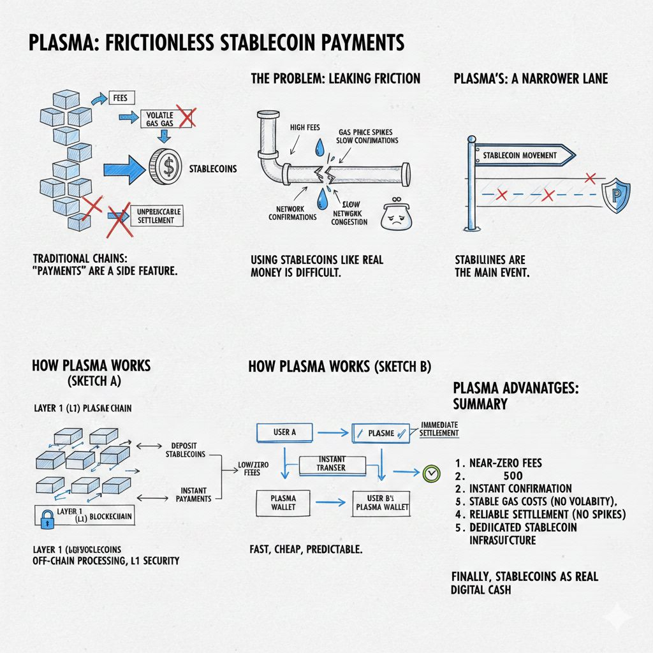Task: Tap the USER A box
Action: click(284, 432)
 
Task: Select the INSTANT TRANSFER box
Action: click(331, 464)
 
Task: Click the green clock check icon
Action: click(432, 473)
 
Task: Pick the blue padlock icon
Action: click(46, 519)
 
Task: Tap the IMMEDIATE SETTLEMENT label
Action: click(439, 429)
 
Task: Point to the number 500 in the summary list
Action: click(512, 476)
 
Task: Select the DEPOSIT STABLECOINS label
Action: click(185, 450)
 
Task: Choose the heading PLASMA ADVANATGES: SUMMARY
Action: click(515, 395)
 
